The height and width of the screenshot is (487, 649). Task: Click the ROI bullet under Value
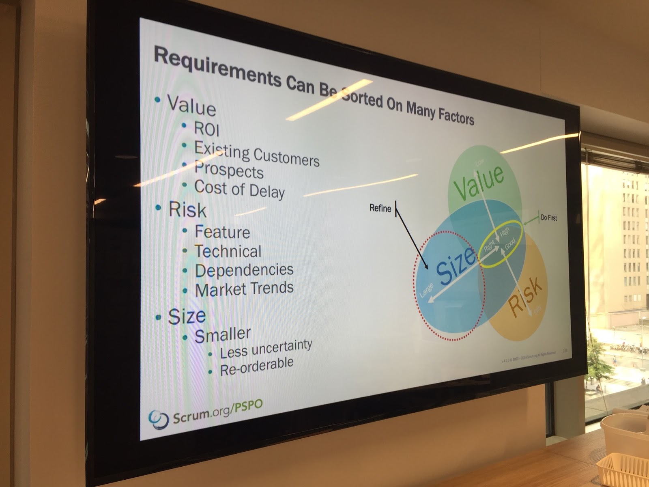tap(206, 129)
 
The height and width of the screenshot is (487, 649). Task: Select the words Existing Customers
tap(256, 154)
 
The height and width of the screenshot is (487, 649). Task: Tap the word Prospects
tap(229, 170)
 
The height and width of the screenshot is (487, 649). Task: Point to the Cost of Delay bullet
tap(239, 189)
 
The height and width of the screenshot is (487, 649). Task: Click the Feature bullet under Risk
tap(222, 232)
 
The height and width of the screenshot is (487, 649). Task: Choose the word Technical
tap(228, 251)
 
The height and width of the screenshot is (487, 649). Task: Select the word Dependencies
tap(244, 270)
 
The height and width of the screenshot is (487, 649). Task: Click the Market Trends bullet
tap(244, 289)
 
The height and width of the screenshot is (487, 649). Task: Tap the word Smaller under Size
tap(223, 335)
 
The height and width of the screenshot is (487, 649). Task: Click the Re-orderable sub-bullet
tap(256, 366)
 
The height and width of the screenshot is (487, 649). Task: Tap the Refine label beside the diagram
tap(380, 208)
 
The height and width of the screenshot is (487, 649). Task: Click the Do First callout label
tap(549, 218)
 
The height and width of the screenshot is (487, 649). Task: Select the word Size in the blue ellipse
tap(456, 265)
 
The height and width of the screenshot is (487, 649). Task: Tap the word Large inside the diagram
tap(426, 290)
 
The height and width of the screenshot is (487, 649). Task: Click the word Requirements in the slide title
tap(217, 67)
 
